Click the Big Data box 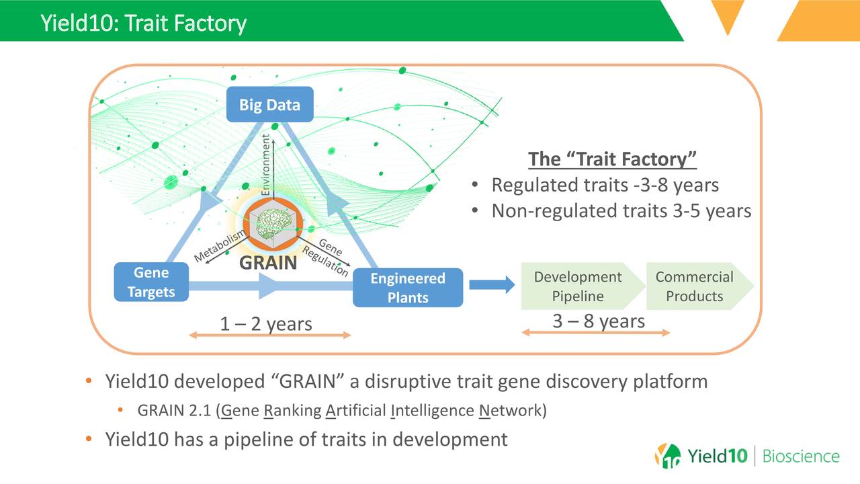pyautogui.click(x=269, y=105)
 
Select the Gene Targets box pyautogui.click(x=151, y=282)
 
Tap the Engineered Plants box pyautogui.click(x=407, y=288)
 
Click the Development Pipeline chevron pyautogui.click(x=578, y=286)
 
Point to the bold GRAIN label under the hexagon pyautogui.click(x=268, y=263)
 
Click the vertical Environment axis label pyautogui.click(x=265, y=165)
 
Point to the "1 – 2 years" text pyautogui.click(x=266, y=324)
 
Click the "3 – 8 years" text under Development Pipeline pyautogui.click(x=598, y=321)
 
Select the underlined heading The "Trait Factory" pyautogui.click(x=612, y=159)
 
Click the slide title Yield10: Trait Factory pyautogui.click(x=143, y=24)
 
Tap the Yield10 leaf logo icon pyautogui.click(x=667, y=456)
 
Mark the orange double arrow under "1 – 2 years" pyautogui.click(x=270, y=335)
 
